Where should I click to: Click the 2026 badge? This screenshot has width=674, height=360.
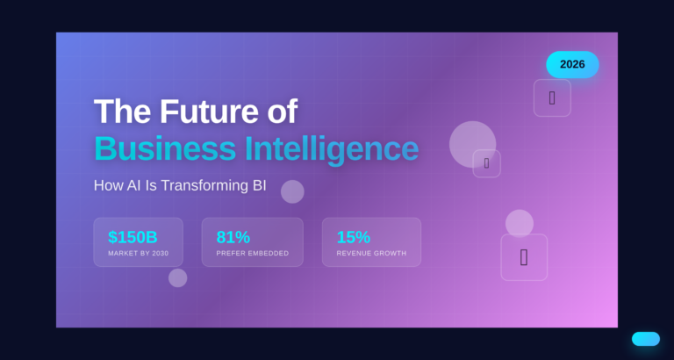572,64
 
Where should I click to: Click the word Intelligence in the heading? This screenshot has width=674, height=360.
332,148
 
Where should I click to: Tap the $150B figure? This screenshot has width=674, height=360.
133,237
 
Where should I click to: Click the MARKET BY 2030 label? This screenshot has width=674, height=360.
138,253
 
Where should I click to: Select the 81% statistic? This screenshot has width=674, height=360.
233,237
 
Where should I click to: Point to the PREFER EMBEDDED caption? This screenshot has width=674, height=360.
252,253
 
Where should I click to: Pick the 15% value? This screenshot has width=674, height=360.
353,237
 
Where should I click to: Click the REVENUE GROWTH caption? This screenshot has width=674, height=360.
371,253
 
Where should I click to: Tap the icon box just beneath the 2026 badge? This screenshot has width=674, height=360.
552,97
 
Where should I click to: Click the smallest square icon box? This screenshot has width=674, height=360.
486,163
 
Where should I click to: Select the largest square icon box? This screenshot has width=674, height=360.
524,257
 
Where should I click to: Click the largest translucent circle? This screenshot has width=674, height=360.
472,144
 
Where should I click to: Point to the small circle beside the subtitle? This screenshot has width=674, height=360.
292,191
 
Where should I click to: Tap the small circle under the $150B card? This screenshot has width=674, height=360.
177,277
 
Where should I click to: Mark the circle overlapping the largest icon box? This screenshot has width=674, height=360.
520,223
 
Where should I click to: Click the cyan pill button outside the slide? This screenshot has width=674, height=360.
645,339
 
